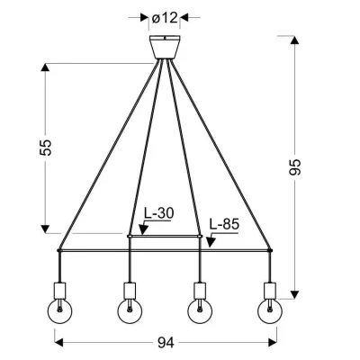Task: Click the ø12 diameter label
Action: click(165, 18)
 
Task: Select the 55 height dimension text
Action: click(46, 148)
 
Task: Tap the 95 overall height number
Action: click(294, 166)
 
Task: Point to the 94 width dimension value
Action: click(166, 343)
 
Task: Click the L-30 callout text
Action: click(158, 213)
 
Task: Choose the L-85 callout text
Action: click(224, 224)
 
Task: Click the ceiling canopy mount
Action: click(165, 47)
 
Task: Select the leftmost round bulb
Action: click(59, 311)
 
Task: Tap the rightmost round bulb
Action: click(270, 311)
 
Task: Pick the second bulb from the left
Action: click(130, 311)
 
